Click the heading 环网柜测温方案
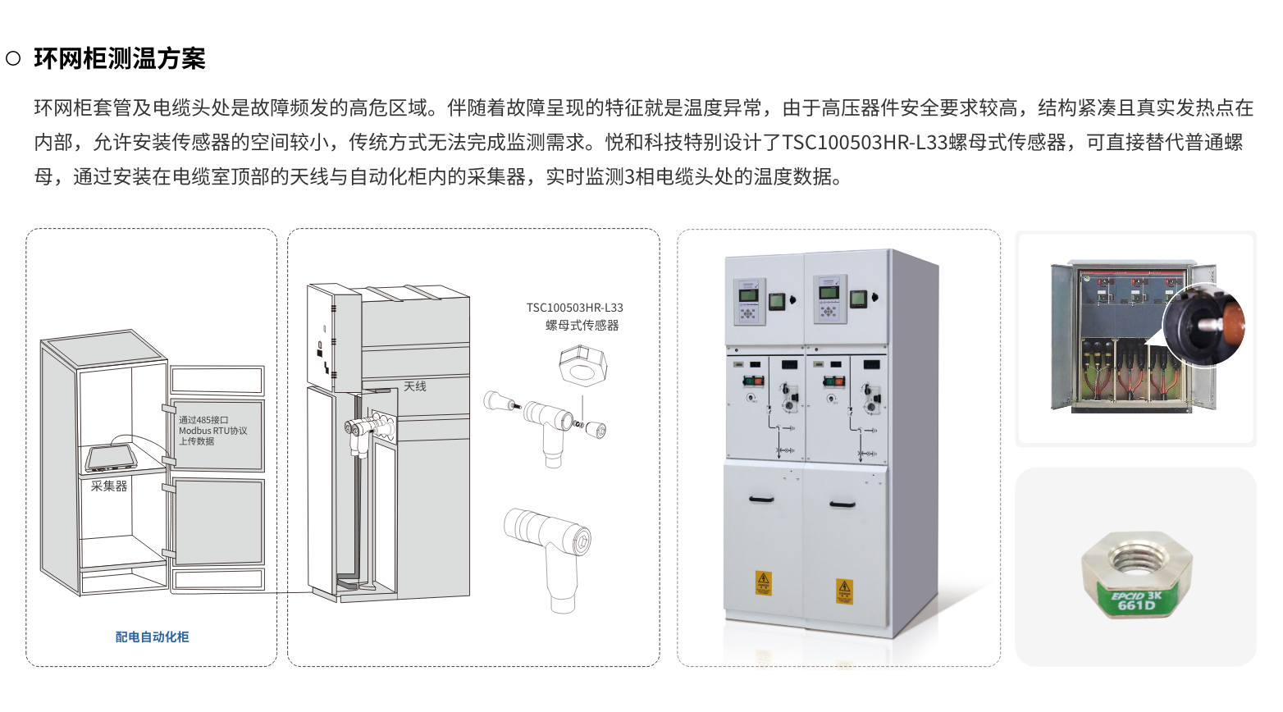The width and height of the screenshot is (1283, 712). pyautogui.click(x=119, y=59)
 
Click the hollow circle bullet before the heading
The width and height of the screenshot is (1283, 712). pyautogui.click(x=13, y=58)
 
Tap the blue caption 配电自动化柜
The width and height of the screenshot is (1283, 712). pyautogui.click(x=152, y=637)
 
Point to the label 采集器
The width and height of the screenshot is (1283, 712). pyautogui.click(x=109, y=486)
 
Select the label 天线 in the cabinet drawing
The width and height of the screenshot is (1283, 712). pyautogui.click(x=415, y=386)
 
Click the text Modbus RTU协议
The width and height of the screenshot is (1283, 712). pyautogui.click(x=212, y=431)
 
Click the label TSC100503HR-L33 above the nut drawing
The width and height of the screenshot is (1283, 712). pyautogui.click(x=574, y=308)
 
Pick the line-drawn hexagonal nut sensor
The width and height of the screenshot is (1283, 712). pyautogui.click(x=582, y=365)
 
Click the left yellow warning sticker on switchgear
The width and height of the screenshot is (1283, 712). pyautogui.click(x=764, y=583)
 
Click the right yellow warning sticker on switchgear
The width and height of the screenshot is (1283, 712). pyautogui.click(x=844, y=591)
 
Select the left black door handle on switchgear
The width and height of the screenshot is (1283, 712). pyautogui.click(x=761, y=499)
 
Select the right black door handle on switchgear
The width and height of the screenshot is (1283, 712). pyautogui.click(x=842, y=504)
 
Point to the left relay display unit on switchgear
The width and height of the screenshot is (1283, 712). pyautogui.click(x=749, y=301)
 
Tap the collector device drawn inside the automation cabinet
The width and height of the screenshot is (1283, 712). pyautogui.click(x=112, y=456)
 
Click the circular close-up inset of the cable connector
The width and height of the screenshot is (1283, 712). pyautogui.click(x=1204, y=325)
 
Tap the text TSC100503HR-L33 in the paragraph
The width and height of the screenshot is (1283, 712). pyautogui.click(x=865, y=143)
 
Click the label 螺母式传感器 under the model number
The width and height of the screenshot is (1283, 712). pyautogui.click(x=582, y=326)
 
